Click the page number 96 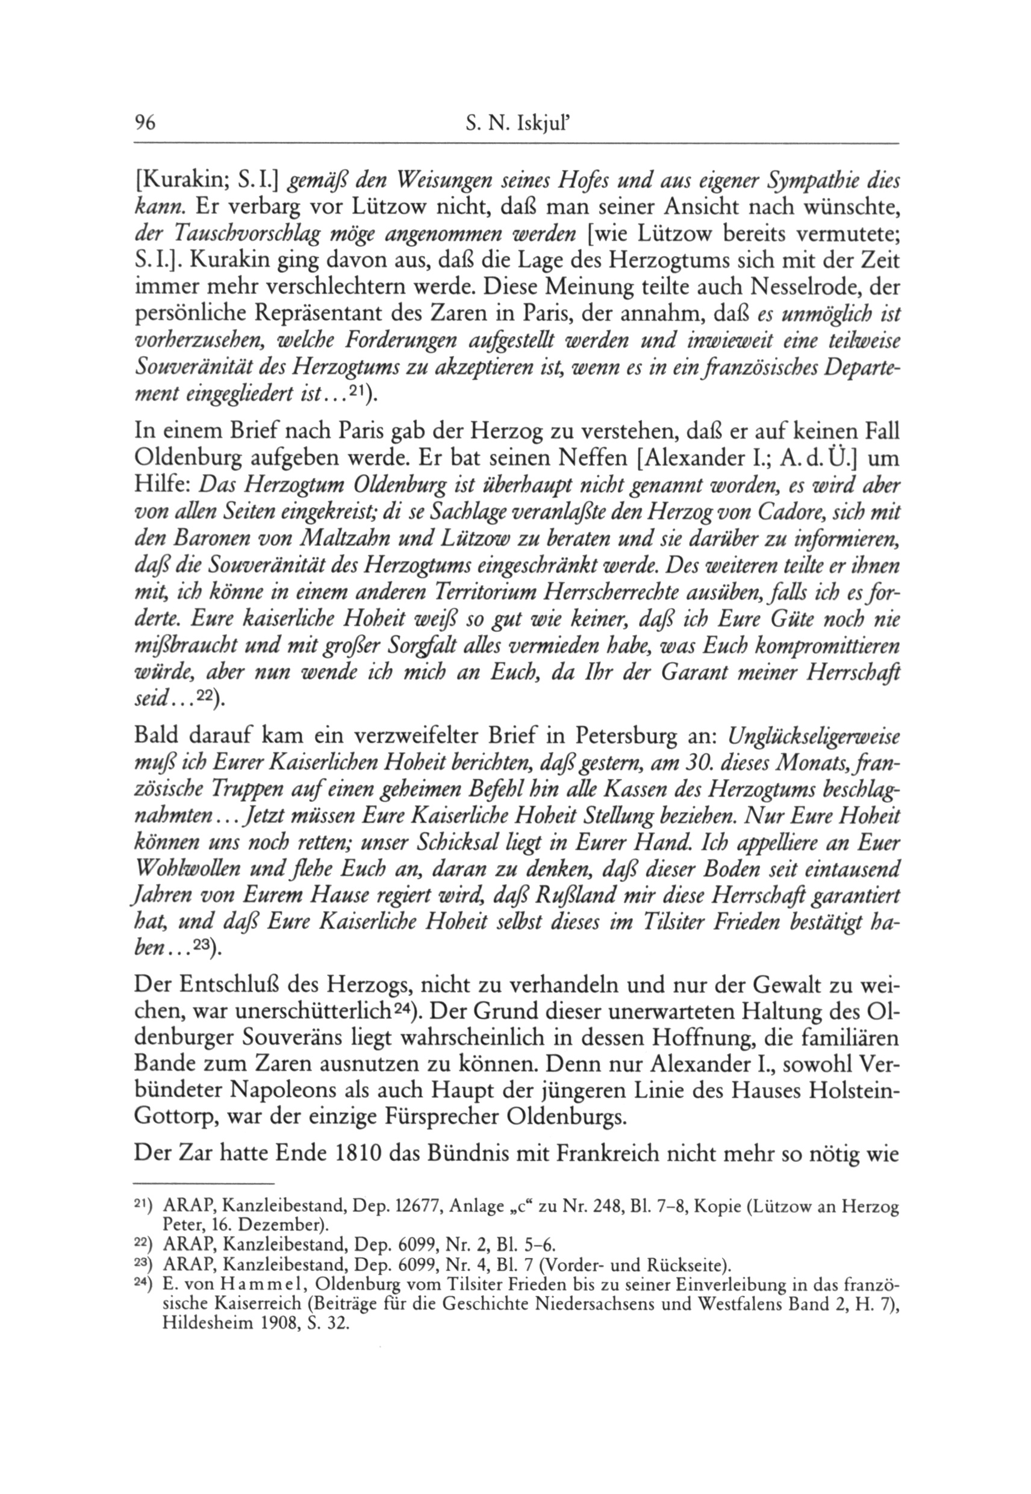(145, 123)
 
